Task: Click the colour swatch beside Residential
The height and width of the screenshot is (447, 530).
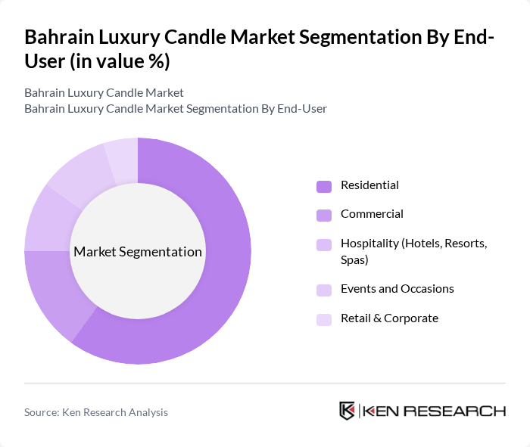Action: tap(324, 186)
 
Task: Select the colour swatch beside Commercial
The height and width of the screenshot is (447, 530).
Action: tap(324, 215)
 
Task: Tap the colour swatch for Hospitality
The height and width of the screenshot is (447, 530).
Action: tap(324, 244)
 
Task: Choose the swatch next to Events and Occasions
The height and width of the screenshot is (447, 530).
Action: tap(324, 290)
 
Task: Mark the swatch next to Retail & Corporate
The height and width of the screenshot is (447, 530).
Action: tap(324, 319)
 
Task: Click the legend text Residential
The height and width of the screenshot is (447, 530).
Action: tap(369, 185)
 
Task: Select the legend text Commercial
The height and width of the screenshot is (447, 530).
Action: tap(372, 214)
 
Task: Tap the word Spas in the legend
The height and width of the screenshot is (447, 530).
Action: tap(354, 259)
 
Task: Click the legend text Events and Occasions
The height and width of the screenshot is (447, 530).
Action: tap(397, 289)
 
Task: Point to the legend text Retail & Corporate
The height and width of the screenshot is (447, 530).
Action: tap(389, 318)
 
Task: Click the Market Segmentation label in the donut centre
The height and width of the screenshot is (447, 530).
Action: tap(138, 252)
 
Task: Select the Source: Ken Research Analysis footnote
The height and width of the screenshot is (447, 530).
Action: tap(96, 412)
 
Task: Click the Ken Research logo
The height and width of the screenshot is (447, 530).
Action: tap(422, 411)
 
